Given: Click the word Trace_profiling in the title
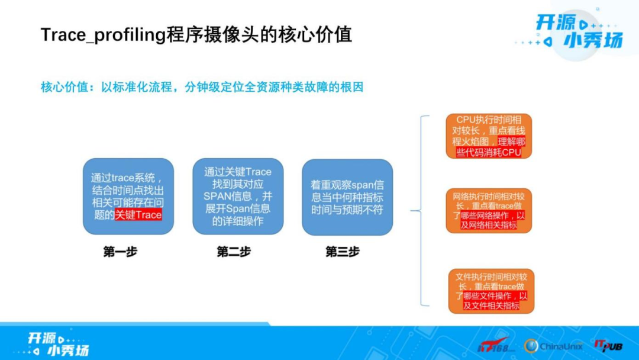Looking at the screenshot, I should (x=102, y=34).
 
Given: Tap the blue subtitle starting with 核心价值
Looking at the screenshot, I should (x=201, y=87).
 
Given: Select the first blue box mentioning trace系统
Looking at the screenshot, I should (x=128, y=196).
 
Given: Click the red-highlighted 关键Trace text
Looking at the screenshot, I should (x=138, y=215).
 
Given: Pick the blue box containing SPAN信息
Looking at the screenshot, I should (x=238, y=196).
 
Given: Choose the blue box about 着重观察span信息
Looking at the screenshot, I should (x=347, y=197).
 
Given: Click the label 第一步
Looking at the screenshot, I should (x=120, y=252).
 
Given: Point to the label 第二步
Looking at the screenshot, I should (x=234, y=252).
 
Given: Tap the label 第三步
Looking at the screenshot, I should (x=342, y=252).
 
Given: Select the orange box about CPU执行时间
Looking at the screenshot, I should (x=489, y=136).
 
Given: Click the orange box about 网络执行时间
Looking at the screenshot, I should (x=489, y=210).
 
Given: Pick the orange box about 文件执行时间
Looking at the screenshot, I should (x=491, y=291).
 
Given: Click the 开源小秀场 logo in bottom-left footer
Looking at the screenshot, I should (x=58, y=343).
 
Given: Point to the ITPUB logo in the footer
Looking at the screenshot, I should (x=609, y=345).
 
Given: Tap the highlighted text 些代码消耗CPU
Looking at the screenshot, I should (x=489, y=152).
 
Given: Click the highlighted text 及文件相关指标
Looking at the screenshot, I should (x=491, y=306).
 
